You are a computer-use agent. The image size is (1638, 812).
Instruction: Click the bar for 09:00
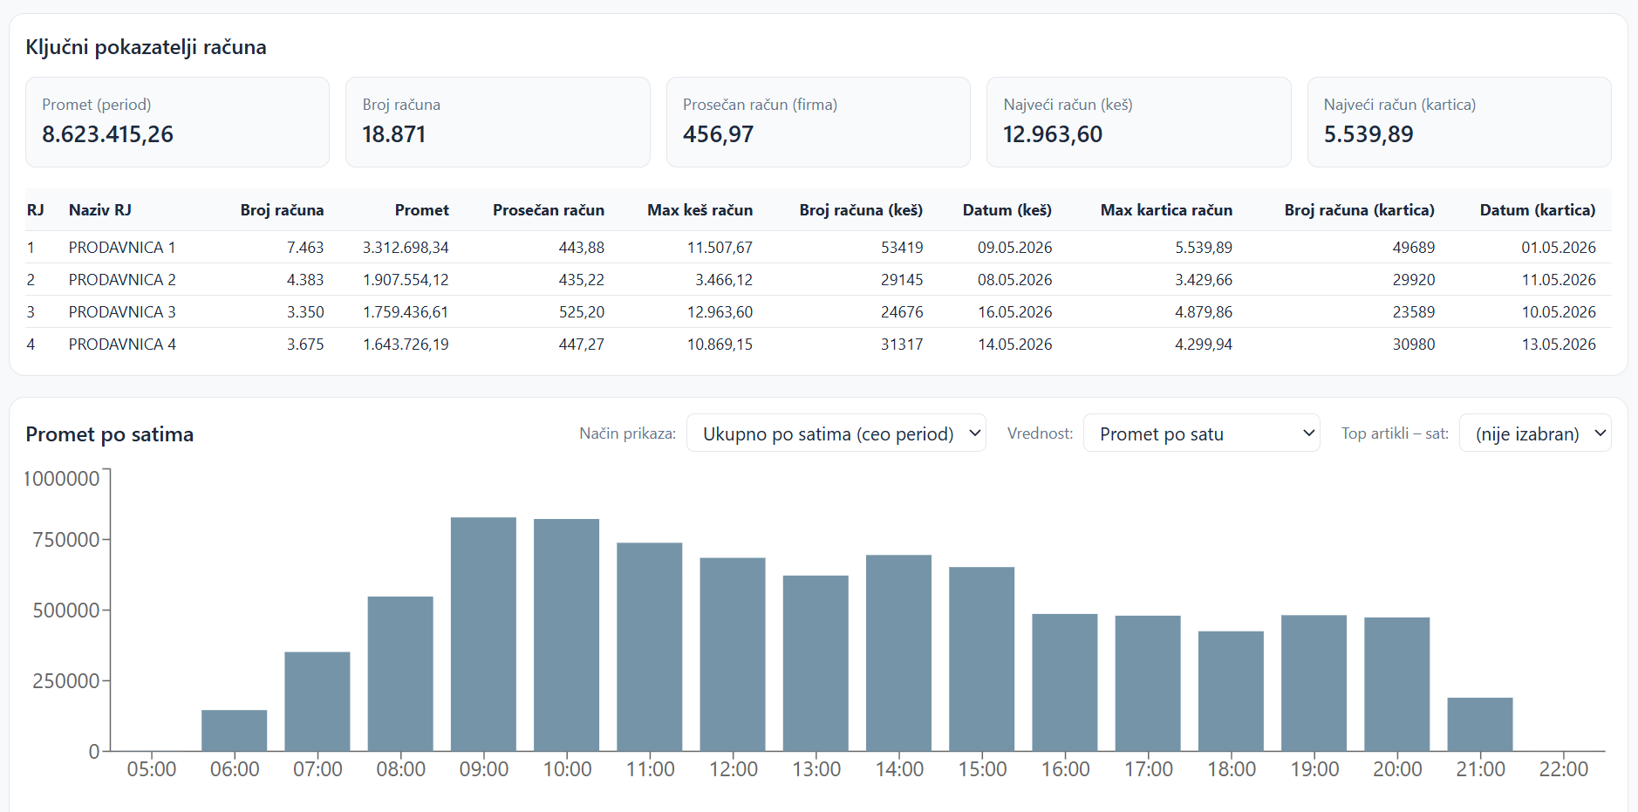[483, 634]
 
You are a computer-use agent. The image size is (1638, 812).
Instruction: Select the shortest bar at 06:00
[235, 731]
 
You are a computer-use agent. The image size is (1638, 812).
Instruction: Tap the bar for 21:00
[1480, 724]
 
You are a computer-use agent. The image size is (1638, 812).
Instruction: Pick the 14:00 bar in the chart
[898, 653]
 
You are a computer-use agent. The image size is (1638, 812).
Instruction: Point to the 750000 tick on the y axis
[66, 540]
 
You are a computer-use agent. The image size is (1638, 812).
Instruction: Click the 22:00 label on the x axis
[1564, 769]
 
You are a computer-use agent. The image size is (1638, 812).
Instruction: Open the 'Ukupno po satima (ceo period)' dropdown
[836, 433]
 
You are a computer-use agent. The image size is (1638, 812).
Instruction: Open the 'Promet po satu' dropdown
[1202, 433]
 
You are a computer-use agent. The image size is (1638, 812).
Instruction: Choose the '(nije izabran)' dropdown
[1535, 433]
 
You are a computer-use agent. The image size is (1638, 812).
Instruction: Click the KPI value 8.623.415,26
[108, 134]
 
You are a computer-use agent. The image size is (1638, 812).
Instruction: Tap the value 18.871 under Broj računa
[394, 134]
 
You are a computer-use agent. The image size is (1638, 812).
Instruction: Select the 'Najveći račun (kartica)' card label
[1400, 105]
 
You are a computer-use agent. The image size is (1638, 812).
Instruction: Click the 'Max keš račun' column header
[700, 210]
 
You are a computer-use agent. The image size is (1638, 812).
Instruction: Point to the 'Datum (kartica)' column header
[1538, 210]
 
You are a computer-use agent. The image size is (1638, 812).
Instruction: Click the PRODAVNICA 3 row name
[122, 312]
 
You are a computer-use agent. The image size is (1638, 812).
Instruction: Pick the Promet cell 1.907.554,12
[406, 280]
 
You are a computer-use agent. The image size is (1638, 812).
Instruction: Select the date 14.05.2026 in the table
[1015, 345]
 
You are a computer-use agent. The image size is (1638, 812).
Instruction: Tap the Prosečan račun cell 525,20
[582, 312]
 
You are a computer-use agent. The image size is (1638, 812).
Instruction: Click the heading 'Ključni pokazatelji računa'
[147, 47]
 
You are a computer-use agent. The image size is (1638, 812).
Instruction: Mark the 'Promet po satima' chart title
[110, 434]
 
